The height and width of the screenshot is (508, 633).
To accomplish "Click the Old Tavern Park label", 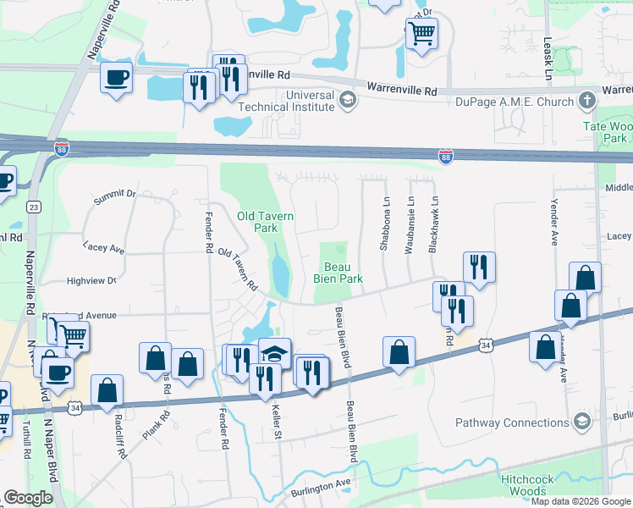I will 266,222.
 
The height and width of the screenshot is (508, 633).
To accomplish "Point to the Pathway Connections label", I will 512,422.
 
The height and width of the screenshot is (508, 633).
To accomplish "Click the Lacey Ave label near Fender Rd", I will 104,248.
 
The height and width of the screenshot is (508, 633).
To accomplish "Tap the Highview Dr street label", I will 91,279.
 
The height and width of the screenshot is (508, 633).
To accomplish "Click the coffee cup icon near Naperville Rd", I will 117,78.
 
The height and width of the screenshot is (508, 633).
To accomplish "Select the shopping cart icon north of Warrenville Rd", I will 421,34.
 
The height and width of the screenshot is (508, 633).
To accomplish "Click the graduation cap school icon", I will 274,353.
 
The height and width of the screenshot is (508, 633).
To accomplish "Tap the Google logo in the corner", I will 29,498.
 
